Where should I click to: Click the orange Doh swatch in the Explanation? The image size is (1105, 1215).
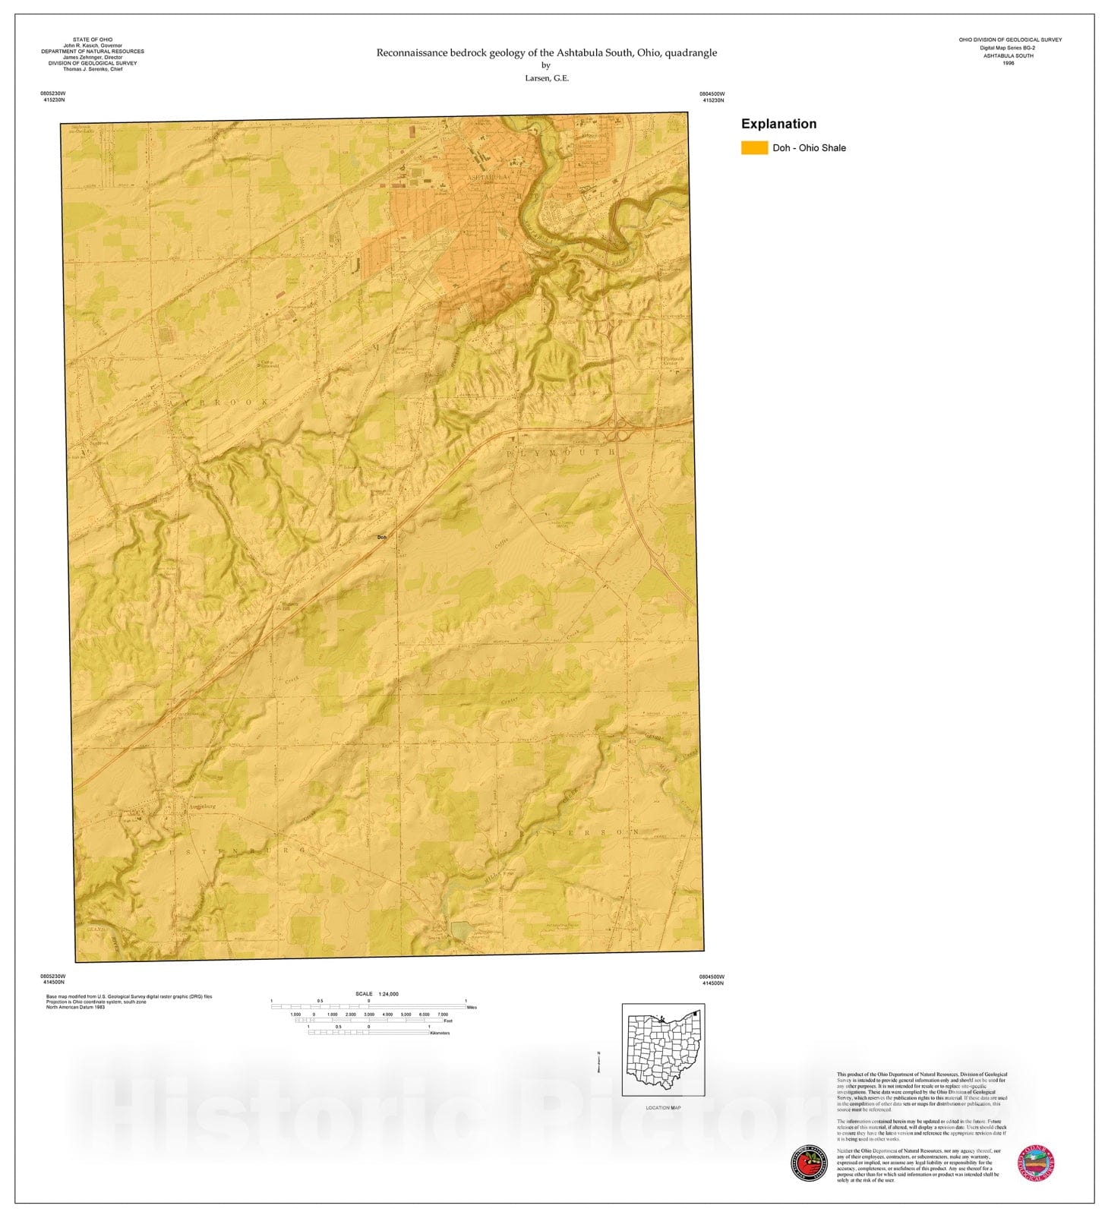click(x=754, y=148)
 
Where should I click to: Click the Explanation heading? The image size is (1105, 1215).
click(x=778, y=124)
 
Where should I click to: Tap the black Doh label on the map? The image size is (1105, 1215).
click(x=382, y=537)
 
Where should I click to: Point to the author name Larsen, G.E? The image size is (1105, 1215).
click(x=546, y=78)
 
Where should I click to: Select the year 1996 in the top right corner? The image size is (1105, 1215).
click(x=1008, y=64)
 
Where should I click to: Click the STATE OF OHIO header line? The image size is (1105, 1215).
click(x=93, y=39)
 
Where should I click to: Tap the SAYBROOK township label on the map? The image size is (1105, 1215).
click(x=215, y=402)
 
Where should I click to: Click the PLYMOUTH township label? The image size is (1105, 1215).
click(x=560, y=453)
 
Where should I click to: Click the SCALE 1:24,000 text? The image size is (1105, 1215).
click(x=377, y=994)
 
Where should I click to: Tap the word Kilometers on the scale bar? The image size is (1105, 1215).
click(x=440, y=1034)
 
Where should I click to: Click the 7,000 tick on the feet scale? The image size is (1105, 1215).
click(x=443, y=1015)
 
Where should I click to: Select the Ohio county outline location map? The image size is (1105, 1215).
click(x=663, y=1051)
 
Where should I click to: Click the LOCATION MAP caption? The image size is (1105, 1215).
click(x=663, y=1108)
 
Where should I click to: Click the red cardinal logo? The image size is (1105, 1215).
click(x=809, y=1163)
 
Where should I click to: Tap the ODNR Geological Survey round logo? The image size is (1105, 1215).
click(x=1035, y=1163)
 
